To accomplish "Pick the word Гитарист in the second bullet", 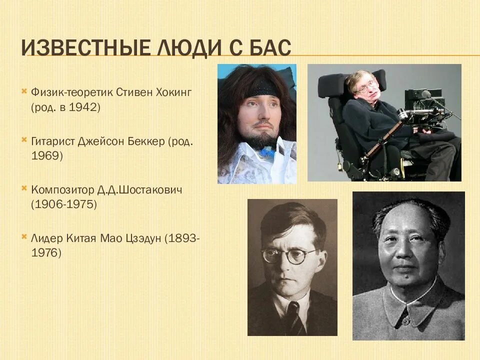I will (x=52, y=141).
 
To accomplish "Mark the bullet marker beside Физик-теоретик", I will (x=24, y=92).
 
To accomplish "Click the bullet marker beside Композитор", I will (x=24, y=189).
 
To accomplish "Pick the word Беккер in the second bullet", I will (x=147, y=141).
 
